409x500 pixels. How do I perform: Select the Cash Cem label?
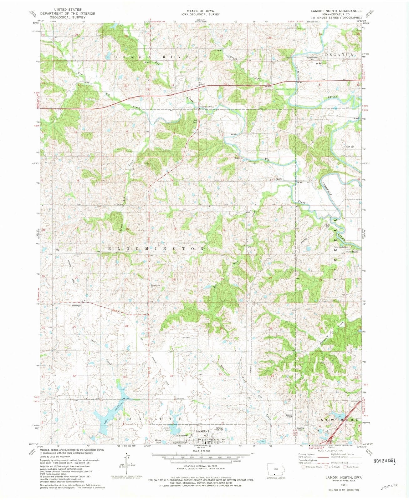click(x=350, y=147)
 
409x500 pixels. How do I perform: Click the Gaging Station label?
click(x=207, y=107)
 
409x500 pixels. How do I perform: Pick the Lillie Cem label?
click(x=186, y=338)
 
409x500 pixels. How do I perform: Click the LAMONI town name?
click(x=202, y=431)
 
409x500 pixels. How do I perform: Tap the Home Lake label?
click(x=164, y=429)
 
